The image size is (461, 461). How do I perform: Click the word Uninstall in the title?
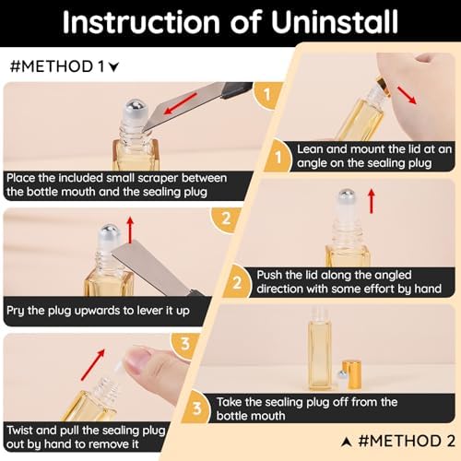(335, 22)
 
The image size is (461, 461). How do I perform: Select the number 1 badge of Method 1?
(266, 94)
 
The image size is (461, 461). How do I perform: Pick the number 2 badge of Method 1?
(226, 219)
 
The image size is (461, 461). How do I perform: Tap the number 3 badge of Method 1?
(185, 344)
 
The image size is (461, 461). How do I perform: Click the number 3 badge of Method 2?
(196, 408)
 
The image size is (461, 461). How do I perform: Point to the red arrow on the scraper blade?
(181, 103)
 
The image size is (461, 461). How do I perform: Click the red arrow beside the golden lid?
(407, 95)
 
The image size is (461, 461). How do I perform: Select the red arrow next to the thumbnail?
(93, 364)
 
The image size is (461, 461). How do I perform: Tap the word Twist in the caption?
(19, 430)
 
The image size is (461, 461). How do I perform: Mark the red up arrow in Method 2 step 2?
(372, 201)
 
